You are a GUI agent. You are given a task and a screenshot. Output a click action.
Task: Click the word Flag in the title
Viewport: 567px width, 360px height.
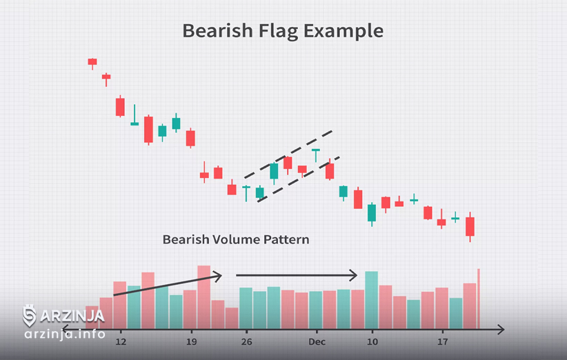point(278,31)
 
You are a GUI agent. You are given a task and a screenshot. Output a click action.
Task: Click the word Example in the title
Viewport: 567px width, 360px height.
point(344,31)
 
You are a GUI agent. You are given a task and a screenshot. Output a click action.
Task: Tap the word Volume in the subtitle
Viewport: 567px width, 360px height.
point(236,239)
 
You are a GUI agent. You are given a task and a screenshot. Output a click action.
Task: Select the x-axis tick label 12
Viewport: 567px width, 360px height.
point(121,341)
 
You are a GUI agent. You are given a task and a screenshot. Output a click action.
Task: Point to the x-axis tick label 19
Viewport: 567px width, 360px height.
point(191,341)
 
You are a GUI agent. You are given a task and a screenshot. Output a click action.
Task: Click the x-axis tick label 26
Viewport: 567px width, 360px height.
point(247,341)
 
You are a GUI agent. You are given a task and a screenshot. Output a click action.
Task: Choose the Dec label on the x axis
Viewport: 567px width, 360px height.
point(317,341)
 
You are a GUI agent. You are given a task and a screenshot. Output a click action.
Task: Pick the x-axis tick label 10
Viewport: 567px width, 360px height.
point(372,341)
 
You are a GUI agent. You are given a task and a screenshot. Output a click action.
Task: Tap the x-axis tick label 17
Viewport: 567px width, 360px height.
point(443,341)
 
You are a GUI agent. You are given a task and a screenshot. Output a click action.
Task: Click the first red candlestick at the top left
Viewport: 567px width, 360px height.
point(92,62)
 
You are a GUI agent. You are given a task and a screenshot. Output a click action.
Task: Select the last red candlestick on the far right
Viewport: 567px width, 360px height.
point(470,227)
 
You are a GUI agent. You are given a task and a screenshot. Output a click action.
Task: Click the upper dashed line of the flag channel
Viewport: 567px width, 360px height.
point(288,154)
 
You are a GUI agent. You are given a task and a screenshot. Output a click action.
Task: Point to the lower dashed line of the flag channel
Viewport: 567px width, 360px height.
point(299,179)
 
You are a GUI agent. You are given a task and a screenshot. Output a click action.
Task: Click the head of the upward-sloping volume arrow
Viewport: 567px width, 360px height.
point(218,277)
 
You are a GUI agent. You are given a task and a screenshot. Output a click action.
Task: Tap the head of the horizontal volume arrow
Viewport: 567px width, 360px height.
point(354,275)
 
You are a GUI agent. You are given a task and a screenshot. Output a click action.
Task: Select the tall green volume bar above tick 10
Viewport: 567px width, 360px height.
point(372,300)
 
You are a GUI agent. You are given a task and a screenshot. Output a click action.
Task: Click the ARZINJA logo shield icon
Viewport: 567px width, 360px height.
point(29,316)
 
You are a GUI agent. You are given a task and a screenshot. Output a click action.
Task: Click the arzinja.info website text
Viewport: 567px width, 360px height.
point(65,334)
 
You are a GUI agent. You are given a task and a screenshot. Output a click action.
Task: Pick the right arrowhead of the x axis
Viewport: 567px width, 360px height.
point(501,330)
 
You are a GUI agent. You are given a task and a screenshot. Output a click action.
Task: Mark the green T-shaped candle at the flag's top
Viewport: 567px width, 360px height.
point(316,155)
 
